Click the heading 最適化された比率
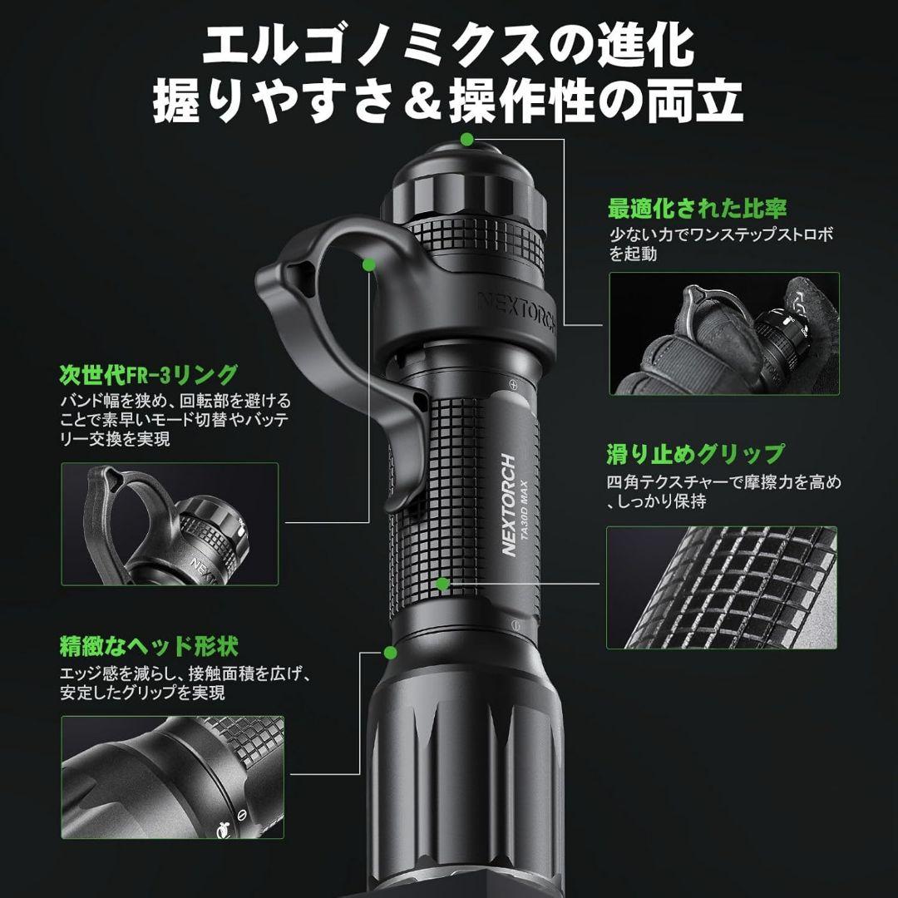(x=697, y=207)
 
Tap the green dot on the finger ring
(x=368, y=264)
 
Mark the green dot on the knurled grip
(x=443, y=584)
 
